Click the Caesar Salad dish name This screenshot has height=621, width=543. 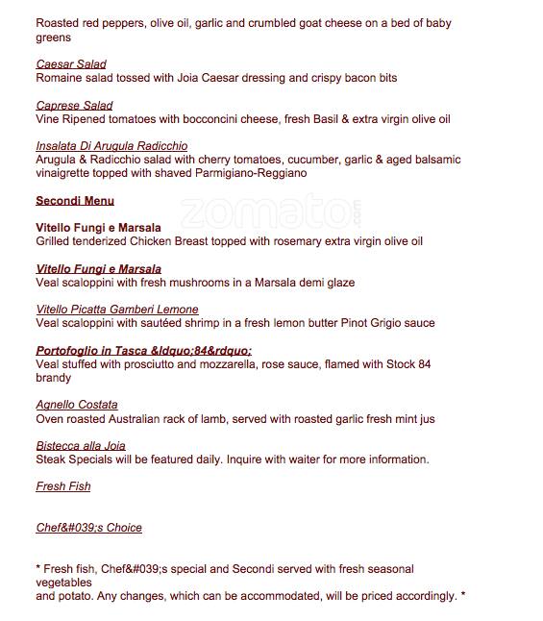click(71, 64)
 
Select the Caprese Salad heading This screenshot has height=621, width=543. click(74, 106)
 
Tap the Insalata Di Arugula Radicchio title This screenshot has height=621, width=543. click(111, 146)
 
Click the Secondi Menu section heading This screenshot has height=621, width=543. click(75, 201)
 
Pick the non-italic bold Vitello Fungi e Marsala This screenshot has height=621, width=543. click(98, 228)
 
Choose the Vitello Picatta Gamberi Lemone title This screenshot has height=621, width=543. click(117, 310)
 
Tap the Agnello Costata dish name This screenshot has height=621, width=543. click(77, 405)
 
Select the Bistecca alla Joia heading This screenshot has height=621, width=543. click(81, 446)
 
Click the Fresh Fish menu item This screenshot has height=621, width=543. click(63, 486)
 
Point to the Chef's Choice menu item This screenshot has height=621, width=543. click(88, 528)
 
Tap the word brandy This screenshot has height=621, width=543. click(53, 378)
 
